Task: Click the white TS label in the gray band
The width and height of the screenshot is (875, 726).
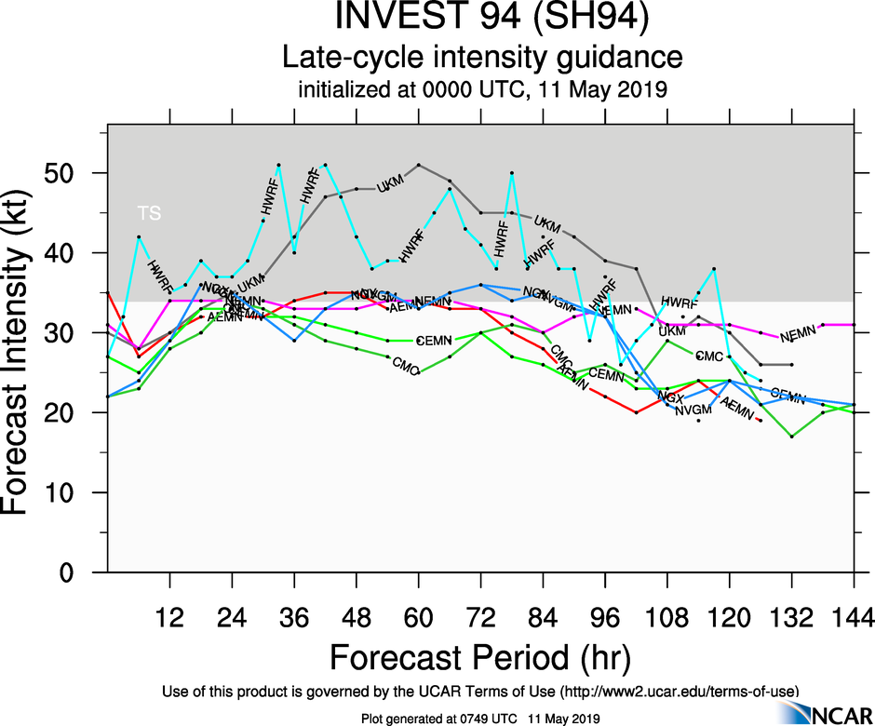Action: (x=149, y=213)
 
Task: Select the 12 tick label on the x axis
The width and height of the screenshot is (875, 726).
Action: (x=169, y=617)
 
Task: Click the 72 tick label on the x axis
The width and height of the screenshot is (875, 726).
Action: (x=480, y=617)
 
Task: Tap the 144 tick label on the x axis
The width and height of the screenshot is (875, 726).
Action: (x=854, y=617)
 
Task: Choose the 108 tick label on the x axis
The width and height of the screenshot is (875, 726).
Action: (x=667, y=617)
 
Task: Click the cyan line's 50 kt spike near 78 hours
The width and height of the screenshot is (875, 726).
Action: (x=512, y=173)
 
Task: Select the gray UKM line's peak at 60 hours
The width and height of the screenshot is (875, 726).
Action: (x=419, y=165)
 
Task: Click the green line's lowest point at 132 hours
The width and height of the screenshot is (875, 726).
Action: (x=792, y=437)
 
